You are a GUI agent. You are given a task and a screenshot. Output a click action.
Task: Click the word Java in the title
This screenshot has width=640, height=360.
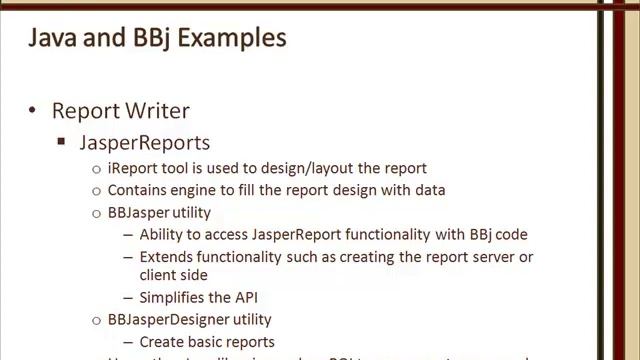click(x=50, y=39)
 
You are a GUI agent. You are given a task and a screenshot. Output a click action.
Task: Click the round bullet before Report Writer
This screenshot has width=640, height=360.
click(x=32, y=110)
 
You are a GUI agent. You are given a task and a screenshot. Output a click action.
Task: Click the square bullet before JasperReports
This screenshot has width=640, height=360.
click(x=62, y=144)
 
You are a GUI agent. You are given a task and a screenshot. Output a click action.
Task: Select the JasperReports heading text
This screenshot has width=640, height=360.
click(x=145, y=143)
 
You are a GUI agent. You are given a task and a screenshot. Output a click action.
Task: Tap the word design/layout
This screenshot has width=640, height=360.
click(x=315, y=168)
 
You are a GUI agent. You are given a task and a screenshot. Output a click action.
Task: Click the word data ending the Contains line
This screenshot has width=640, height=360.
click(x=429, y=190)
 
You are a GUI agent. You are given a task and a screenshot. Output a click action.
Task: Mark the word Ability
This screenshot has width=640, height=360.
click(x=163, y=235)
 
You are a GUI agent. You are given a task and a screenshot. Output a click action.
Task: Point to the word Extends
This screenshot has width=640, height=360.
click(x=168, y=257)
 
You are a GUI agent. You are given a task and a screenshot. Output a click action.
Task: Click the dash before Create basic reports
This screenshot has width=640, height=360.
click(x=128, y=342)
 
